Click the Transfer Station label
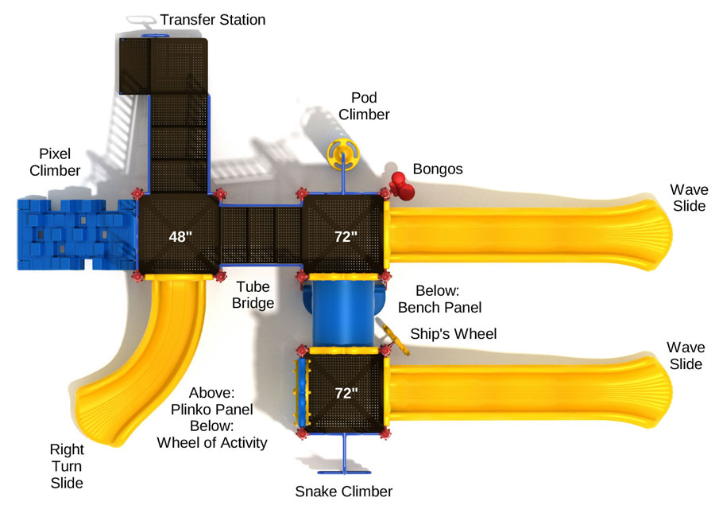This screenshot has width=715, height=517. [212, 20]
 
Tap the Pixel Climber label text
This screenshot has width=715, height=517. [55, 161]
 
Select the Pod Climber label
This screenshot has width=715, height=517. [364, 106]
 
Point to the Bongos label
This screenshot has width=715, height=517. [438, 169]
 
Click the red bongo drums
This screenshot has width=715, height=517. [401, 186]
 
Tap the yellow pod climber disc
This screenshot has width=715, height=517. [343, 154]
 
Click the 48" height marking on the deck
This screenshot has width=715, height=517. [180, 236]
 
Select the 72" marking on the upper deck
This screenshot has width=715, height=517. [346, 236]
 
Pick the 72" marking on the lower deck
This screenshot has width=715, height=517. [346, 393]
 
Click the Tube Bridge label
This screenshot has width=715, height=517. [253, 294]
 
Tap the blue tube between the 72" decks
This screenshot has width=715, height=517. [343, 313]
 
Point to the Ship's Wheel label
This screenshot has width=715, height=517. [454, 333]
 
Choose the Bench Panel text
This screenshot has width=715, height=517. [439, 307]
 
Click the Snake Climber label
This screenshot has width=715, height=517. [343, 492]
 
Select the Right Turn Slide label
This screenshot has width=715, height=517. [67, 466]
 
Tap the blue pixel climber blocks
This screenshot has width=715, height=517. [76, 235]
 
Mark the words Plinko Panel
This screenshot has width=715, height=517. [211, 409]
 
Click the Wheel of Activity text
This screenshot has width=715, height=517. [212, 442]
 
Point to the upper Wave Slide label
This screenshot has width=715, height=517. [689, 198]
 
